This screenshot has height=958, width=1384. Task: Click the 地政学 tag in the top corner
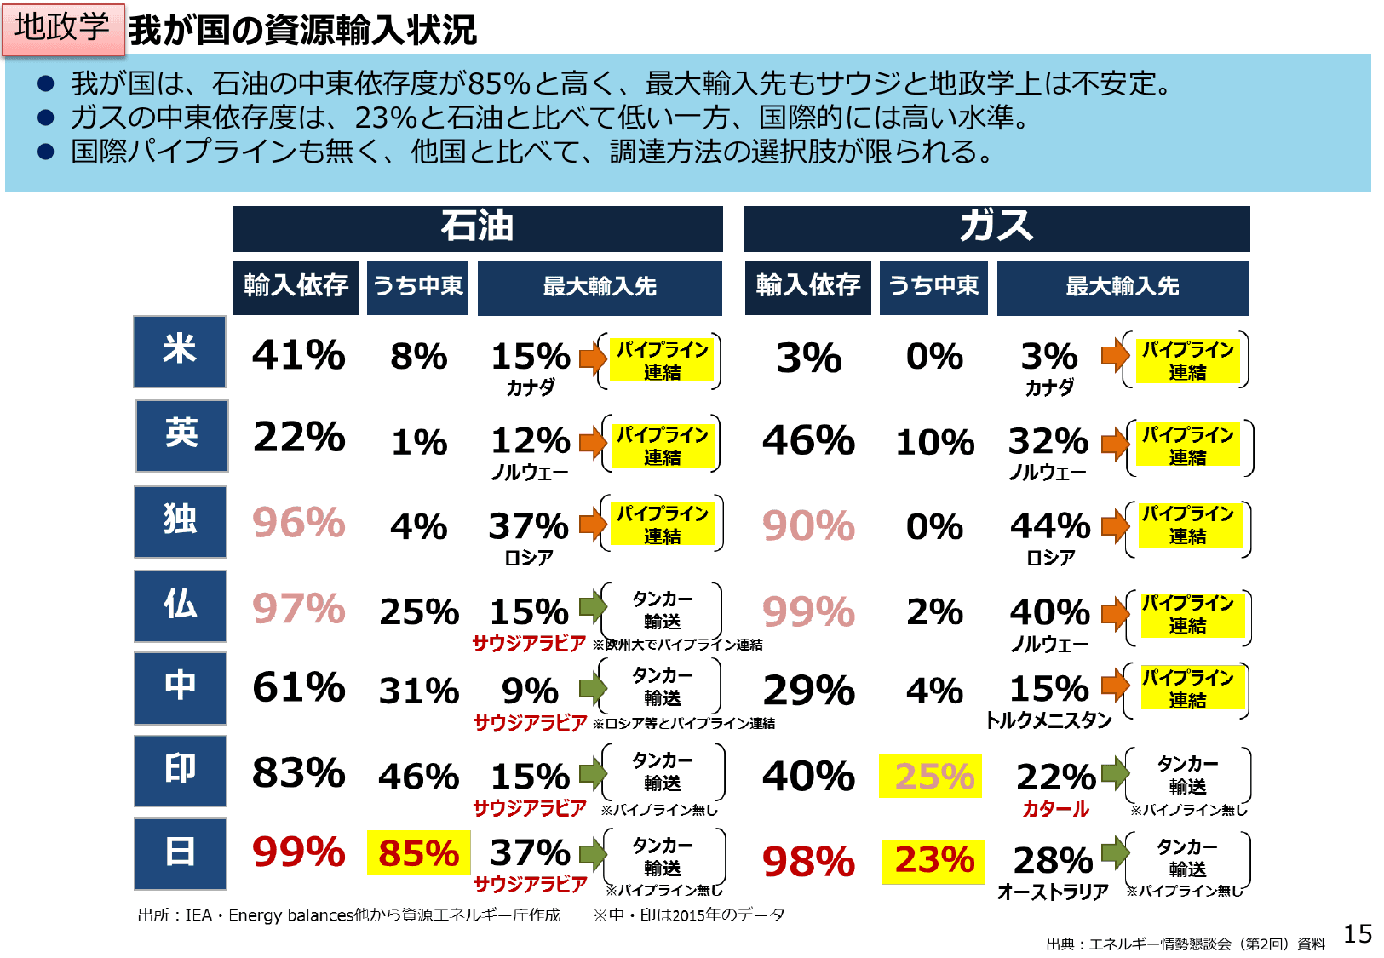point(63,29)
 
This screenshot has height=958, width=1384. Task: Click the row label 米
point(180,351)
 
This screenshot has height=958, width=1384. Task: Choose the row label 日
point(180,853)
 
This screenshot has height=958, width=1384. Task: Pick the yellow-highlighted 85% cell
point(418,853)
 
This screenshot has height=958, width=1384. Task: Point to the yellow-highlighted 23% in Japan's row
point(933,860)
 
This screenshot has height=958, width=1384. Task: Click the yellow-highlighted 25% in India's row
point(931,776)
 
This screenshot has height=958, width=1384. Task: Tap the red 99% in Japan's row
point(298,852)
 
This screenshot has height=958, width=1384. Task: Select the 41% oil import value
point(298,355)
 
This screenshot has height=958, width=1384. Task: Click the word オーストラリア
point(1053,892)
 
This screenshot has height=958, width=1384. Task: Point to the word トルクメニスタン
point(1048,720)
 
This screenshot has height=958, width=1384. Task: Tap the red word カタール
point(1055,809)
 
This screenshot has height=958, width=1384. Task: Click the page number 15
point(1358,934)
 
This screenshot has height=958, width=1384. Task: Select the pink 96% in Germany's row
point(298,523)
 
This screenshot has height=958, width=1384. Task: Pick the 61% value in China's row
point(298,687)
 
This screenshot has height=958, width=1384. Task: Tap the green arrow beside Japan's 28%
point(1114,851)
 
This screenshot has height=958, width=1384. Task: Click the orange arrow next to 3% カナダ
point(1114,355)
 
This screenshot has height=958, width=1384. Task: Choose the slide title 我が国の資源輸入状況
point(302,31)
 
